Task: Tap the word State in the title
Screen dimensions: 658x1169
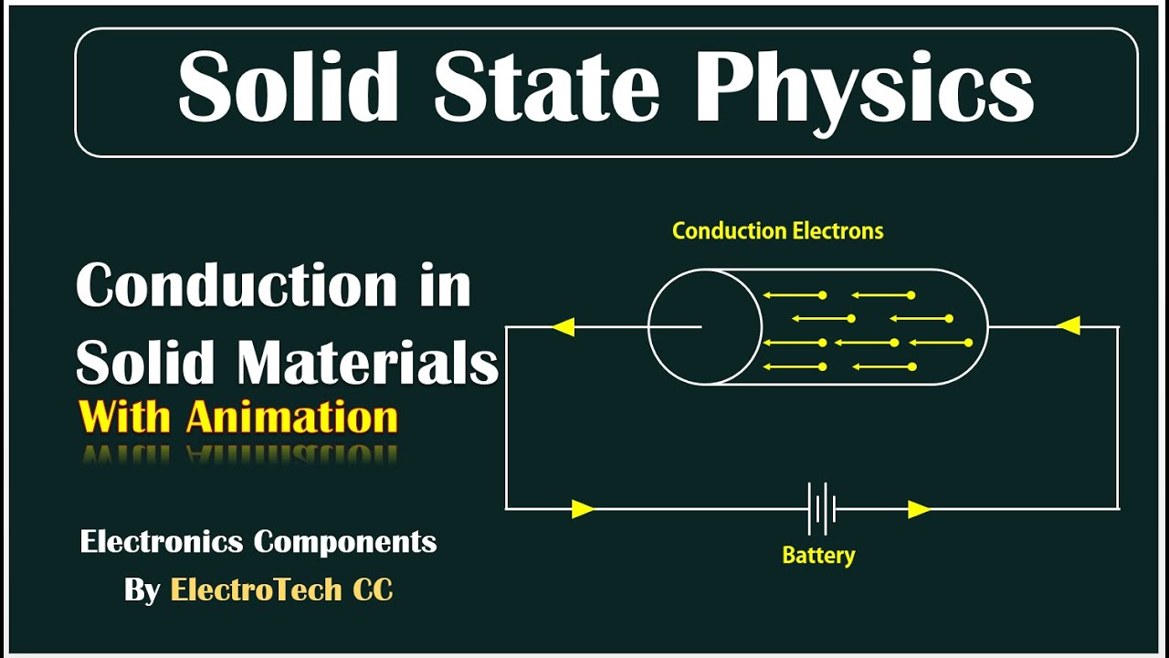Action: [546, 89]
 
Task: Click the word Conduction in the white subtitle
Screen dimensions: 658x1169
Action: [236, 286]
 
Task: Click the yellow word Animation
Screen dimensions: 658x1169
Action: [292, 418]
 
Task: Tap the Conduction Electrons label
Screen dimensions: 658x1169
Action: [777, 231]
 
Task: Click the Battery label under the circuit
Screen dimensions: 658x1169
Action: [818, 555]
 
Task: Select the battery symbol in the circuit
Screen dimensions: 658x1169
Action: [822, 509]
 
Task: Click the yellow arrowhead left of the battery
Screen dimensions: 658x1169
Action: [583, 509]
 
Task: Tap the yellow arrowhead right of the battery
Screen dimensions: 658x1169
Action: [919, 509]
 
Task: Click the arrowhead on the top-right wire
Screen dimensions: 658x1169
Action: [1068, 325]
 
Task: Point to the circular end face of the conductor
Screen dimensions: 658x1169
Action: [705, 326]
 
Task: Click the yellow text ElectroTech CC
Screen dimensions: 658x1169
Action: [281, 590]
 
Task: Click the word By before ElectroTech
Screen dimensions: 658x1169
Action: [142, 590]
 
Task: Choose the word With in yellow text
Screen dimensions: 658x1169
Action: [125, 418]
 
